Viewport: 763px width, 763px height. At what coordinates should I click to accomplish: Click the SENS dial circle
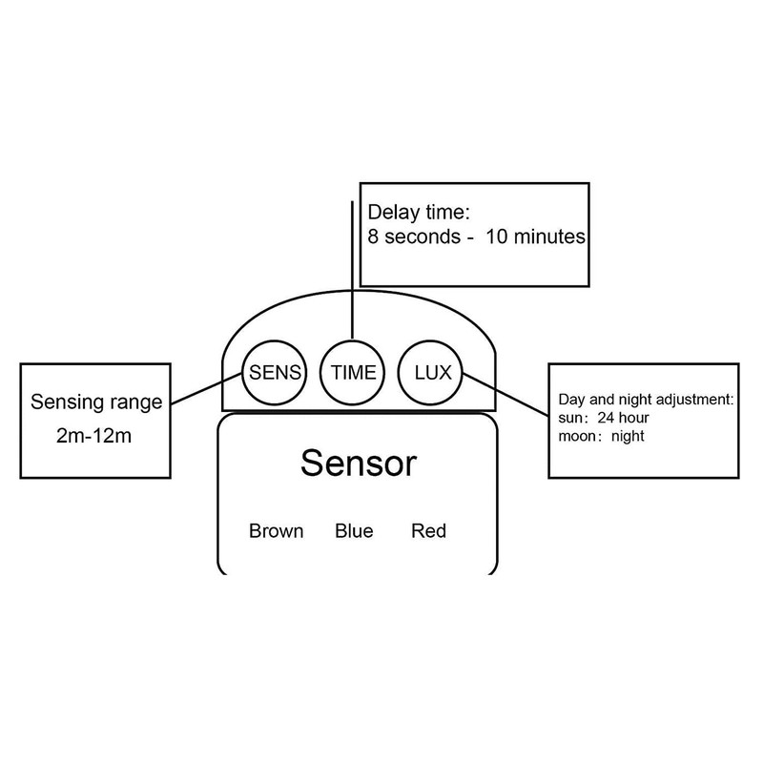pyautogui.click(x=275, y=372)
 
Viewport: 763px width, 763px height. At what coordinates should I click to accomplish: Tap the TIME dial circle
pyautogui.click(x=353, y=372)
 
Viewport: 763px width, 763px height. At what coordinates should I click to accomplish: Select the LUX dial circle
pyautogui.click(x=431, y=372)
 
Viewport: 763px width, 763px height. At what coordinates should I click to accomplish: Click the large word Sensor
pyautogui.click(x=359, y=464)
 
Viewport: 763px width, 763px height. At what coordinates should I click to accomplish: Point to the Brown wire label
pyautogui.click(x=276, y=530)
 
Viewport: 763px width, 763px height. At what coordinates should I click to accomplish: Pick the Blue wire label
pyautogui.click(x=354, y=530)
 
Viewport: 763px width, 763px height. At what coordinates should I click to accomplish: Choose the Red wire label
pyautogui.click(x=428, y=530)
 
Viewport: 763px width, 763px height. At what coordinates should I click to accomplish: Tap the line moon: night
pyautogui.click(x=603, y=437)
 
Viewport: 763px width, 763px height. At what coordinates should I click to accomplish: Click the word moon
pyautogui.click(x=578, y=437)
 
